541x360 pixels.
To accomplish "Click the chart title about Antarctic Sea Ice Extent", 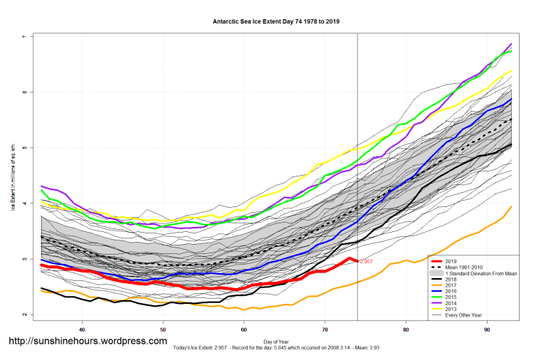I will [275, 21].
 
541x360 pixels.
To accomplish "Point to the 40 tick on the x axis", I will [83, 329].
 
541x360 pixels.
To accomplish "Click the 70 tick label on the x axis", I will [325, 329].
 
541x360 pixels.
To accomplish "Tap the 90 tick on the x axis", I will [486, 329].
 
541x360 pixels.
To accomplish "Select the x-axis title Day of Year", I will [275, 340].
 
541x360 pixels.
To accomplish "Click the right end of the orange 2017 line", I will [511, 206].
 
